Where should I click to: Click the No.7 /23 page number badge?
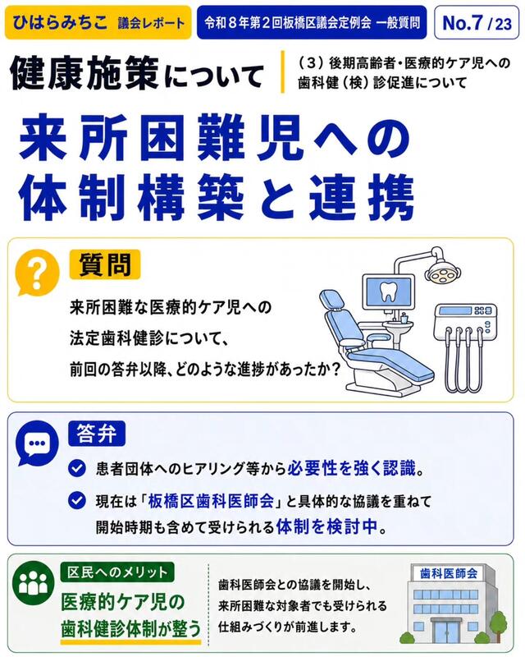(x=477, y=23)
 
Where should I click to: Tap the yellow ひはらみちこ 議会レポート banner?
(x=98, y=23)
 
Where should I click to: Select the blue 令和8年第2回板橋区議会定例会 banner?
(x=312, y=23)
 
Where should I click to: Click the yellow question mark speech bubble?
(x=37, y=273)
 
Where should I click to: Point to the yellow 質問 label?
(x=105, y=264)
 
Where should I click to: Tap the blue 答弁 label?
(x=97, y=434)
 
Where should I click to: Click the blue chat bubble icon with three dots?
(x=37, y=443)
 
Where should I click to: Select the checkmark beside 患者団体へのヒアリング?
(x=77, y=468)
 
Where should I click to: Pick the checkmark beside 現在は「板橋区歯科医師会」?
(x=77, y=501)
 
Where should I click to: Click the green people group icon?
(x=34, y=583)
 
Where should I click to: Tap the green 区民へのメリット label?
(x=117, y=572)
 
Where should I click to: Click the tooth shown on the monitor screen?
(x=388, y=291)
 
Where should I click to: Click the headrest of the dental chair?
(x=331, y=301)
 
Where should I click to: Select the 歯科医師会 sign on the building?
(x=449, y=573)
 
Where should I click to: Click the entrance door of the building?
(x=447, y=632)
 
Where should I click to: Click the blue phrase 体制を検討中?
(x=327, y=526)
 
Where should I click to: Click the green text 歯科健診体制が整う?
(x=131, y=629)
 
